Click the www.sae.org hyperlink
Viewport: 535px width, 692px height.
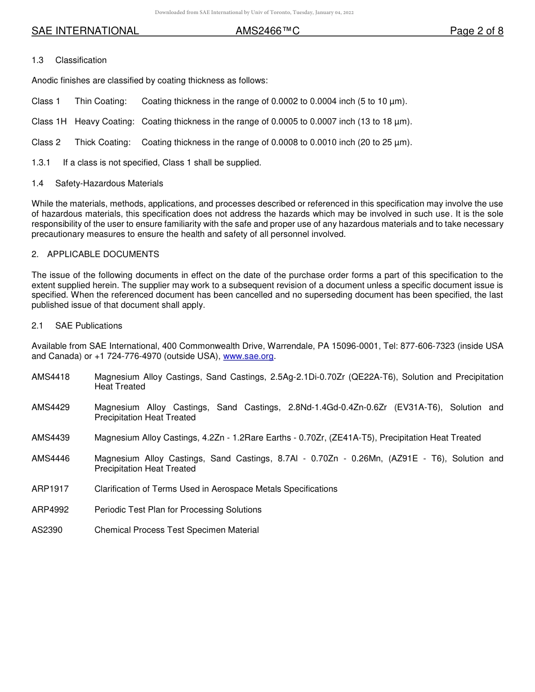click(x=248, y=356)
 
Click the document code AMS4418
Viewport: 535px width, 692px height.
click(x=51, y=377)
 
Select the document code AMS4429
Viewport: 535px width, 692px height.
click(x=51, y=407)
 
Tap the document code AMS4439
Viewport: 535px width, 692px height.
click(x=51, y=438)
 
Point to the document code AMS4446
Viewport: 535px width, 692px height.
click(x=51, y=459)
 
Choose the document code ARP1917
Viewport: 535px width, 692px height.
click(x=51, y=489)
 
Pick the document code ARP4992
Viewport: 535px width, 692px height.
click(x=51, y=510)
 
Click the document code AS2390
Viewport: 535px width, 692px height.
click(x=47, y=530)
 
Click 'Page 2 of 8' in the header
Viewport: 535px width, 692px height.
click(x=476, y=31)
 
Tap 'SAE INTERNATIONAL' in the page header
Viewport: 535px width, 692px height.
click(x=85, y=31)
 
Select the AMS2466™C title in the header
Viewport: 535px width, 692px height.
click(x=267, y=31)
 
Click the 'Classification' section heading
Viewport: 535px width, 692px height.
click(x=81, y=60)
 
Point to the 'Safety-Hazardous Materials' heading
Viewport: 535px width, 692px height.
click(x=109, y=183)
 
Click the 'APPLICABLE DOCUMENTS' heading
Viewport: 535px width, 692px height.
click(x=103, y=254)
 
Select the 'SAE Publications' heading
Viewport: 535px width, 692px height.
click(x=88, y=326)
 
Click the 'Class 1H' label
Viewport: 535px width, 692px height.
click(x=49, y=122)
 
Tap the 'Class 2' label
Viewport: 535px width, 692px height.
click(x=46, y=142)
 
